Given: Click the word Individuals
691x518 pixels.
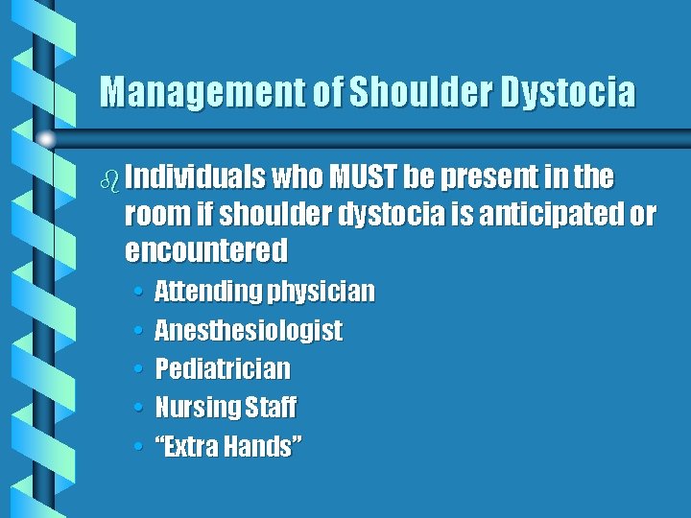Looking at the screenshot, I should click(x=196, y=177).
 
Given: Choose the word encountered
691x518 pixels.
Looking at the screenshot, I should click(x=206, y=250).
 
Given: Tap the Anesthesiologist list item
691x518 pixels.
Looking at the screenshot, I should click(x=248, y=330).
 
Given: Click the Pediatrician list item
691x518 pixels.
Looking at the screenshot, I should click(x=222, y=369).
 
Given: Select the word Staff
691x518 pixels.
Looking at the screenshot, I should click(x=271, y=408).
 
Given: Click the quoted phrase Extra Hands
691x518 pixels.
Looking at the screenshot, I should click(x=228, y=446).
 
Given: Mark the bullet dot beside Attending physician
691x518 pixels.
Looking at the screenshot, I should click(x=139, y=292).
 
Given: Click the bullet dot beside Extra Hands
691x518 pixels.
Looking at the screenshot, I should click(x=139, y=447).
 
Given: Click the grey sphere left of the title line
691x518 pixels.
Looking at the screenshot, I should click(x=45, y=138).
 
